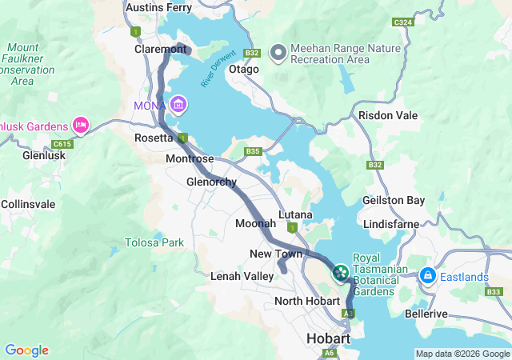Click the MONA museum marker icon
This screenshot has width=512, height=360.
click(178, 105)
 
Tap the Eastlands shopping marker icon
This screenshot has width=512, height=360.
click(427, 276)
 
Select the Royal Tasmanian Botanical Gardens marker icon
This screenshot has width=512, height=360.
click(341, 274)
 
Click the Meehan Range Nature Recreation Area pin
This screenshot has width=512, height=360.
click(278, 53)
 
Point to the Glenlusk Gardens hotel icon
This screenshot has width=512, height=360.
click(80, 125)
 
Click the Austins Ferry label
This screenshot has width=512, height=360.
click(159, 8)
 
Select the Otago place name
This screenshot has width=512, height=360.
click(244, 70)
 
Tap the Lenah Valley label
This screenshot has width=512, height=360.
click(242, 276)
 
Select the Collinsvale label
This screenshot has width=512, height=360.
click(28, 204)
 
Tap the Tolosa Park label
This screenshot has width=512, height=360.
click(154, 242)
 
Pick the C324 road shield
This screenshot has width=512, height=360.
click(402, 22)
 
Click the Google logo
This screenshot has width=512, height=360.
click(26, 350)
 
